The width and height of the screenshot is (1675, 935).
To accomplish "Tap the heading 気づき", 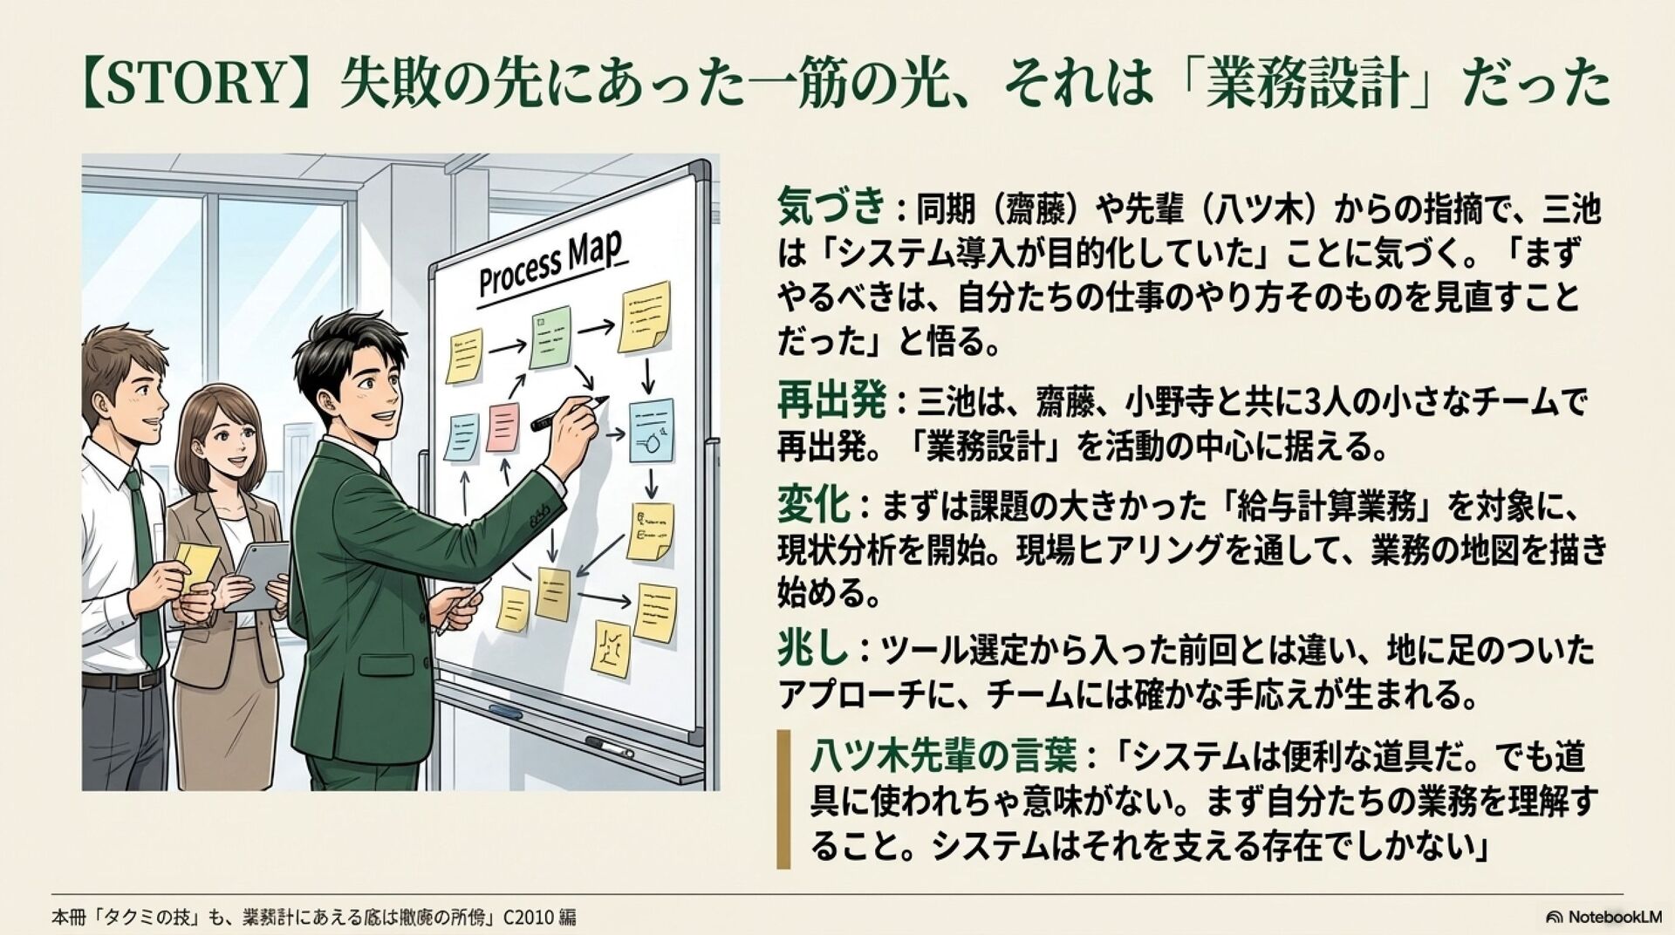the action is [x=831, y=208].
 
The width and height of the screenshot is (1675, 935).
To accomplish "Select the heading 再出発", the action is [x=831, y=402].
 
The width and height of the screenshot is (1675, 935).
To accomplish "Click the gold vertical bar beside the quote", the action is [x=783, y=799].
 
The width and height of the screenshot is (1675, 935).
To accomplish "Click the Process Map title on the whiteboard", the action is [x=550, y=265].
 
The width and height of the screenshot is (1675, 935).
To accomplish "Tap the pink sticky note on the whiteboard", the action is [x=503, y=427].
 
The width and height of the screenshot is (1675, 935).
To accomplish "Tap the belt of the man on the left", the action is [x=122, y=680].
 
